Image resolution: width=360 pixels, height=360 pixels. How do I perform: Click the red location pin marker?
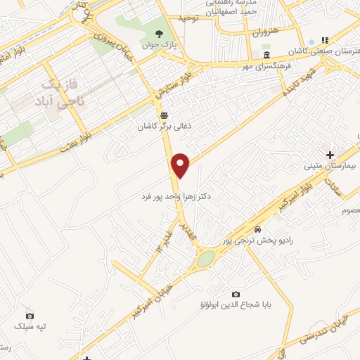[x=181, y=166]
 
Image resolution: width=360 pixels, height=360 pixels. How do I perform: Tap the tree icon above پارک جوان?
[x=160, y=34]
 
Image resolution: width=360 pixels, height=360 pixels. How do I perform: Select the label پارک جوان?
[x=160, y=46]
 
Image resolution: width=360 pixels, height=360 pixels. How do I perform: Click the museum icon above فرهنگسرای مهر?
[x=266, y=56]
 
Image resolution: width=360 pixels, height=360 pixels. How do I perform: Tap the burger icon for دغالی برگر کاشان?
[x=164, y=115]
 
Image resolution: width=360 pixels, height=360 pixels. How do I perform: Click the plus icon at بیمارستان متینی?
[x=330, y=154]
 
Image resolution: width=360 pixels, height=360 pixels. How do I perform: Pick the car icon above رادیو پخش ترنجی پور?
[x=258, y=230]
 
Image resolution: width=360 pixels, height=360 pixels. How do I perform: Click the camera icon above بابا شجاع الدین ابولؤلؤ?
[x=236, y=294]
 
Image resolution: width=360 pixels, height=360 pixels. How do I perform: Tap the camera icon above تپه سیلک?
[x=29, y=316]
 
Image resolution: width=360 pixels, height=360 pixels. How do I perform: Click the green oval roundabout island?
[x=205, y=259]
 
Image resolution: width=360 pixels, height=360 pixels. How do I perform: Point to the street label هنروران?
[x=266, y=32]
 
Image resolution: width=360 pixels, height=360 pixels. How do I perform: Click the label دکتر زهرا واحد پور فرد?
[x=176, y=199]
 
